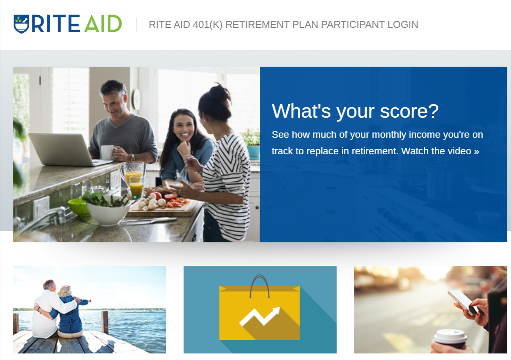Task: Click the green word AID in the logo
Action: (103, 24)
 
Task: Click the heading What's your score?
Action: (355, 111)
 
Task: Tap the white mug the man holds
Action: (107, 152)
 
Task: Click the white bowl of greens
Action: (108, 211)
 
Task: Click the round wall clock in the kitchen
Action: (136, 99)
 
